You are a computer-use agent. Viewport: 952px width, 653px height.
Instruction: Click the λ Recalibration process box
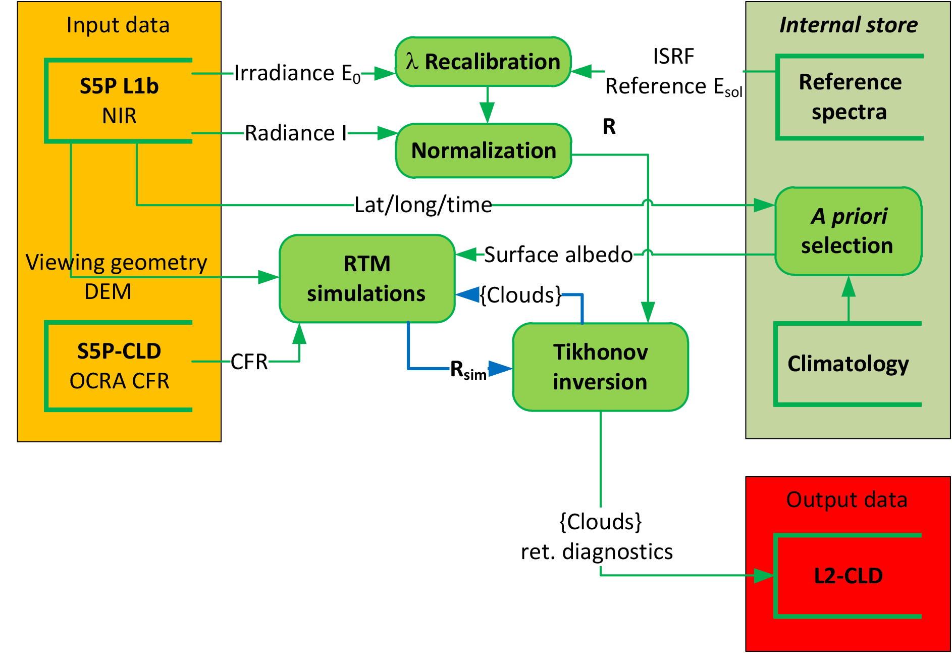483,62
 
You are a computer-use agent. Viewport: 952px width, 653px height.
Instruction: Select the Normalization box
484,150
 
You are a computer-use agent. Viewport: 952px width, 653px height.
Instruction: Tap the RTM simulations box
367,278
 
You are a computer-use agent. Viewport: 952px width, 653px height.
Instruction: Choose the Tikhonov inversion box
600,367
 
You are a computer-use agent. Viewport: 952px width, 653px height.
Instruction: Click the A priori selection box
848,231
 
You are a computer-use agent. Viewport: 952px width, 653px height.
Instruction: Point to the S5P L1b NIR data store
119,101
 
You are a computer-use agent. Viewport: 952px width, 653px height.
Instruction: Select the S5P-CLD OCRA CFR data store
119,366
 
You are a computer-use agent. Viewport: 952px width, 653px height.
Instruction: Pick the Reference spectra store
850,97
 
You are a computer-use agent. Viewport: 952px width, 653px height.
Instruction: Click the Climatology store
848,364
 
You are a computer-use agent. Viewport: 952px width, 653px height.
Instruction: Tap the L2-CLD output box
848,576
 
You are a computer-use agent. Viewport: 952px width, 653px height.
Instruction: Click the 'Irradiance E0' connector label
298,74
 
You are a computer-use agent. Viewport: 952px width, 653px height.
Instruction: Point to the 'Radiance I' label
296,133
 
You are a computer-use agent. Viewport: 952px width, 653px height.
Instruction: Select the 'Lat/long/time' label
423,205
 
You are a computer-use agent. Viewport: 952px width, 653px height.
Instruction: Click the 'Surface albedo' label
558,255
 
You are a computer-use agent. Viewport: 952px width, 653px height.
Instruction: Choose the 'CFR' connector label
249,362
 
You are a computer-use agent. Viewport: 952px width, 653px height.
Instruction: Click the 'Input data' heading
118,25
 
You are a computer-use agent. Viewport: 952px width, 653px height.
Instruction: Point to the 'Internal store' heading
849,25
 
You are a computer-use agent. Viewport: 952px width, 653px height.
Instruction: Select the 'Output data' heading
847,500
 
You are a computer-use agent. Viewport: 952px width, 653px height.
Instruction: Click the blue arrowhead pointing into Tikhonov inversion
500,369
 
